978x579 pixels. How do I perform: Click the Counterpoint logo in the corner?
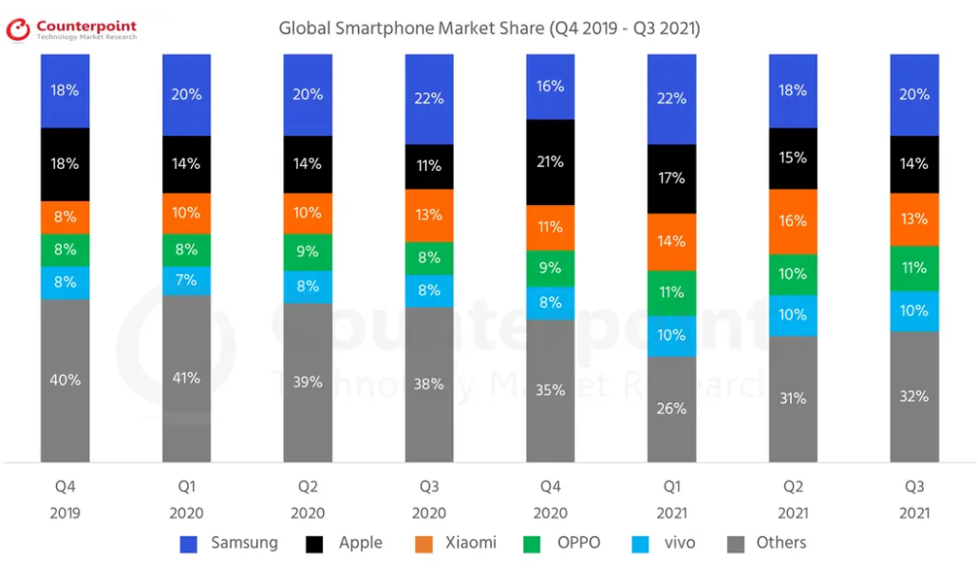coord(71,30)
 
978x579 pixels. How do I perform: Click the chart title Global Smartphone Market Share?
coord(489,28)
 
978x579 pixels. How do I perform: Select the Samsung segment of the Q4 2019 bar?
coord(66,91)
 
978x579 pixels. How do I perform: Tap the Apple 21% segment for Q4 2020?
coord(551,162)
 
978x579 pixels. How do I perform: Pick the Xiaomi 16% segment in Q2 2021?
coord(793,221)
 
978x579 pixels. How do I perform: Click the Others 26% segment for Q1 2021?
coord(672,409)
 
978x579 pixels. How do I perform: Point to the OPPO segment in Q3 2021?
coord(914,269)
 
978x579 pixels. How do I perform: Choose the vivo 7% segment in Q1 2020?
coord(187,280)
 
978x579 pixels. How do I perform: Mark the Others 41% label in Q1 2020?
coord(187,378)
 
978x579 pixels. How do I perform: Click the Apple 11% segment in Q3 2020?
coord(429,166)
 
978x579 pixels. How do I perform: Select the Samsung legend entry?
coord(229,543)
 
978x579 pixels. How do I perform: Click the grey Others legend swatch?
coord(735,544)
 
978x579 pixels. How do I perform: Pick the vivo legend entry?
coord(664,543)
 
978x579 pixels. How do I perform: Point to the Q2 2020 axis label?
coord(309,499)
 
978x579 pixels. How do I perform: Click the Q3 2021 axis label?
coord(914,499)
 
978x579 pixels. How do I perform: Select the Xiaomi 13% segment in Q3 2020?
coord(429,215)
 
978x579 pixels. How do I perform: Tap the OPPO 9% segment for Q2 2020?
coord(309,252)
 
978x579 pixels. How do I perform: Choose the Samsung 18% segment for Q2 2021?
coord(793,91)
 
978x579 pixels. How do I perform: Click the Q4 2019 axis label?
coord(66,499)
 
